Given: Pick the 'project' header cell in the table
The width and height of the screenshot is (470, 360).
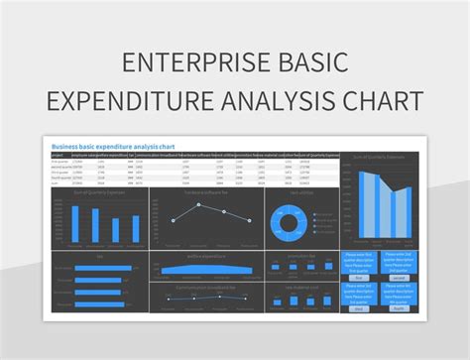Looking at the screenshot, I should coord(58,155).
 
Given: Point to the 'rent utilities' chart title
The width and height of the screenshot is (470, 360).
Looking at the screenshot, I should coord(300,193).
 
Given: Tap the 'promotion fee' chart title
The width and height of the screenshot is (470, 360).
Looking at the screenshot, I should coord(300,256).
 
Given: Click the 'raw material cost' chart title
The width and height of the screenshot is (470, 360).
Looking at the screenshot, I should coord(300,286).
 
